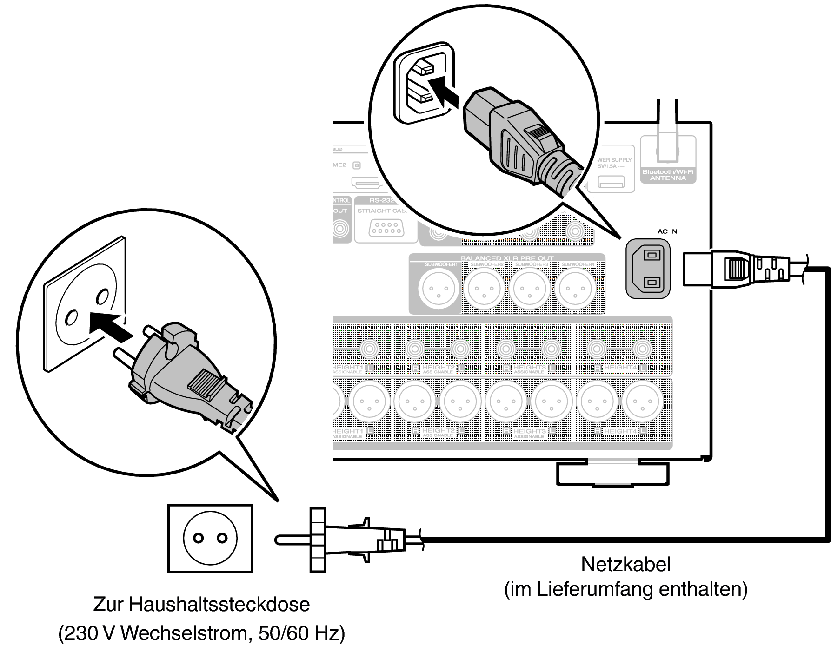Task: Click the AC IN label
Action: (x=667, y=231)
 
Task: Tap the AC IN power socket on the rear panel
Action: (x=648, y=269)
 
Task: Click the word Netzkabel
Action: (x=625, y=565)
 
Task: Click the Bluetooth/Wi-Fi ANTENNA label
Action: (x=668, y=175)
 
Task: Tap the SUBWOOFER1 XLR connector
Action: (x=439, y=289)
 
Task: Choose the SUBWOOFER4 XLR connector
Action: (x=577, y=289)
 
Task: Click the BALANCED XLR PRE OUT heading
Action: (x=507, y=258)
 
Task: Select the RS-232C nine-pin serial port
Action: (x=386, y=229)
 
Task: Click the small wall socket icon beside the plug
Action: (x=210, y=538)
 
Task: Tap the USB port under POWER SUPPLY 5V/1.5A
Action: (x=611, y=182)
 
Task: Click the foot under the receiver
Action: (x=612, y=474)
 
